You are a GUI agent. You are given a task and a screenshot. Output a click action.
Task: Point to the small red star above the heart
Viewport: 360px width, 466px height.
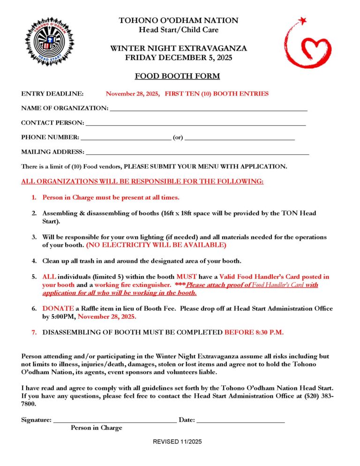tap(302, 21)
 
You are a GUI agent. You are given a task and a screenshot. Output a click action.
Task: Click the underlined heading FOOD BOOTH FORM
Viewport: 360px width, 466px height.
tap(177, 76)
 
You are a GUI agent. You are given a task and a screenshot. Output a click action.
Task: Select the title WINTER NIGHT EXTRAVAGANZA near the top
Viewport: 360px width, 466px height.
tap(178, 49)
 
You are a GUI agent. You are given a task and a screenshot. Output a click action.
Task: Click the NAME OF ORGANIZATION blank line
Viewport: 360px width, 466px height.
tap(208, 109)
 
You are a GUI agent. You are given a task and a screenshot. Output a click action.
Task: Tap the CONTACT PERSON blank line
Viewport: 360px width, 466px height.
tap(195, 124)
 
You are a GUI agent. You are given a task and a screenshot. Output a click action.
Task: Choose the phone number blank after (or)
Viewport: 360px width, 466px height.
tap(240, 138)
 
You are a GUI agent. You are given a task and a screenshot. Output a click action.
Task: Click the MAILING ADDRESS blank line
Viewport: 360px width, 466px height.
tap(197, 153)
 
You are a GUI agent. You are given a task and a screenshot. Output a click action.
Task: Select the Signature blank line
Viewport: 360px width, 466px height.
tap(115, 421)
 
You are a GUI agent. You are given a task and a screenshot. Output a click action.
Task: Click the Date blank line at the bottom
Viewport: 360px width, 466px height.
tap(240, 421)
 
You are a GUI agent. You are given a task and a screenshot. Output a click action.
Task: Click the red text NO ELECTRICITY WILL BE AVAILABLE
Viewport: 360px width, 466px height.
tap(156, 245)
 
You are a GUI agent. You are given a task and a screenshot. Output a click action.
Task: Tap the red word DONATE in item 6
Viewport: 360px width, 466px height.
tap(58, 308)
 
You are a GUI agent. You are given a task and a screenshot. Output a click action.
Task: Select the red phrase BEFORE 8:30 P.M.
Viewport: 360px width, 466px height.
tap(254, 332)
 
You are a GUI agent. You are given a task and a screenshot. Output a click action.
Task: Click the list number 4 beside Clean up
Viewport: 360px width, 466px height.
tap(34, 261)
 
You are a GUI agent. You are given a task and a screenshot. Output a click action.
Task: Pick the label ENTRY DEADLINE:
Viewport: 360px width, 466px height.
tap(52, 94)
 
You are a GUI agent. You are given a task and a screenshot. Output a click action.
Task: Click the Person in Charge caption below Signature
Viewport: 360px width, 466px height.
tap(97, 428)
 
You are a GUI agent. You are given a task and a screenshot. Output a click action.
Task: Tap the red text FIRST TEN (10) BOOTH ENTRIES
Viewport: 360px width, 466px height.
tap(217, 94)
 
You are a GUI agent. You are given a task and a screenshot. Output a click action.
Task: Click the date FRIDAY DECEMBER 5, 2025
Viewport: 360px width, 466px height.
tap(178, 58)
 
